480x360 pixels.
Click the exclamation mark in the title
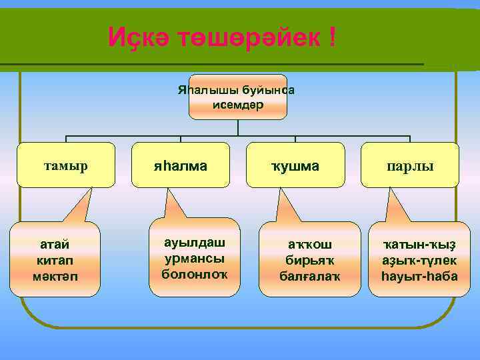tap(331, 37)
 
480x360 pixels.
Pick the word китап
tap(55, 259)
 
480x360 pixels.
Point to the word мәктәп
tap(55, 275)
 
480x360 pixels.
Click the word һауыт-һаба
tap(412, 275)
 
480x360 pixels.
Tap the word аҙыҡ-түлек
tap(412, 259)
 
